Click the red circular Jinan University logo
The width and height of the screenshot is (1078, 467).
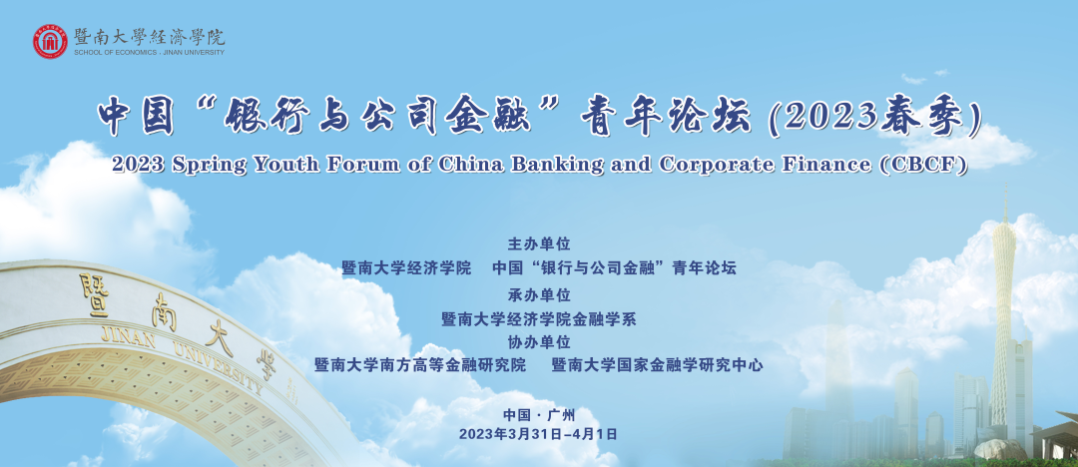coord(50,41)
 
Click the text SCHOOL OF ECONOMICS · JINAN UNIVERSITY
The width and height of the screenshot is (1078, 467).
coord(149,52)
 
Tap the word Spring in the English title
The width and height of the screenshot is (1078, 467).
coord(198,165)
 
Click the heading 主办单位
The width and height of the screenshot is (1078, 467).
coord(539,244)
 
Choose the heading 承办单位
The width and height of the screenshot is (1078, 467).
coord(539,295)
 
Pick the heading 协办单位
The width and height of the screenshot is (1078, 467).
coord(539,342)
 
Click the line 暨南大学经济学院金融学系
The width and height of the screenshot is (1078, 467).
coord(539,319)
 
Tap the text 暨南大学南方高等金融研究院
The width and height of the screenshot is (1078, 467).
coord(420,365)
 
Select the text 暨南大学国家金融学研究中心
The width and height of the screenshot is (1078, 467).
coord(657,365)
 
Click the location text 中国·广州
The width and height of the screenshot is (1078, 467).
coord(539,415)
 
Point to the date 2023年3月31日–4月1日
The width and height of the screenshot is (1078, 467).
coord(538,434)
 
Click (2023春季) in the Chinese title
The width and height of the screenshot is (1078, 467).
coord(873,118)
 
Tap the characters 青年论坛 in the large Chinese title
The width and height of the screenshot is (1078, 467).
coord(665,118)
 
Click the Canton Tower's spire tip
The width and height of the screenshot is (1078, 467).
coord(1005,185)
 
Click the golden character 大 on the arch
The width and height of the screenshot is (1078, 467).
coord(219,338)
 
